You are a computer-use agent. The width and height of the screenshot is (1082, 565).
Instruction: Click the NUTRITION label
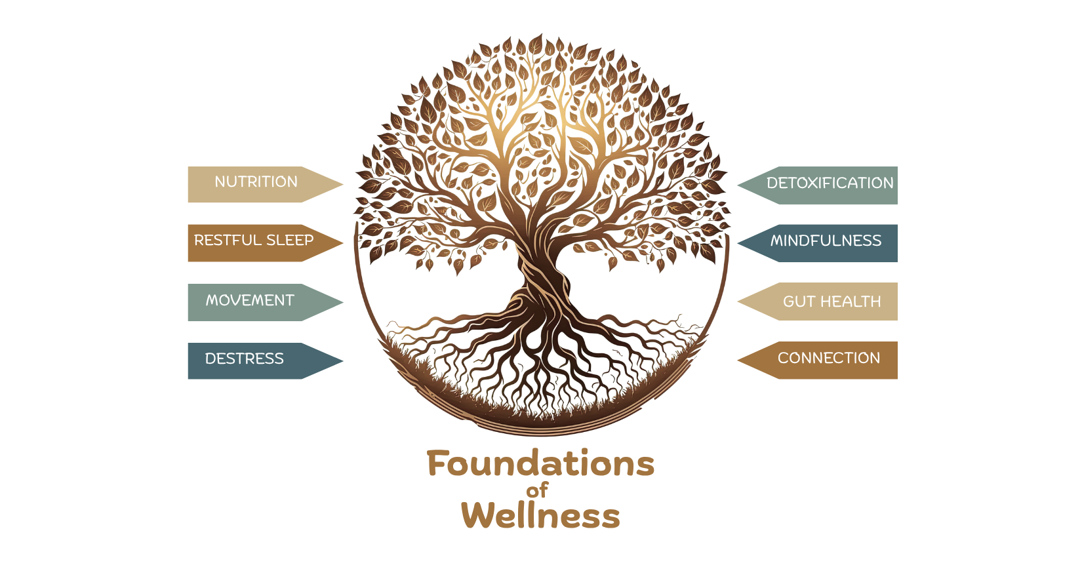click(256, 182)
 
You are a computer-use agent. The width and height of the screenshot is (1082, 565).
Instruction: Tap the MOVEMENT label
click(250, 301)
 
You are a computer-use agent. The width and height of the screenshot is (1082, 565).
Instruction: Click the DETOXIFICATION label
click(830, 184)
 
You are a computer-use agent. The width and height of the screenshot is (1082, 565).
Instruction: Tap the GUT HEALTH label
click(832, 302)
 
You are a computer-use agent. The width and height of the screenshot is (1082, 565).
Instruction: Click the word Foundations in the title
click(540, 464)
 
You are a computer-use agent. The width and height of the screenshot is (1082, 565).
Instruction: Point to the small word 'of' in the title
click(537, 490)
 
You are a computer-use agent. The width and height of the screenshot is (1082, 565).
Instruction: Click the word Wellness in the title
click(540, 516)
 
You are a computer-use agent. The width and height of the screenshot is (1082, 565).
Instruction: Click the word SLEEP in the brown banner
click(289, 241)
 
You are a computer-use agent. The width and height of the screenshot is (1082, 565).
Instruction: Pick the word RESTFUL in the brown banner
click(227, 241)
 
